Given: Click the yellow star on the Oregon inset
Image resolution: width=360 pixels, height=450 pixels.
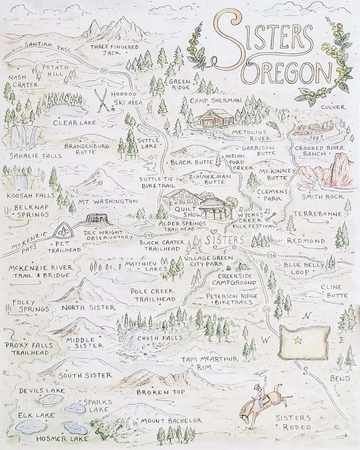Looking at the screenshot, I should [x=298, y=340].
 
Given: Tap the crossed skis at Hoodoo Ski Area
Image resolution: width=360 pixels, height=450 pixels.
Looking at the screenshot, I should [x=102, y=101].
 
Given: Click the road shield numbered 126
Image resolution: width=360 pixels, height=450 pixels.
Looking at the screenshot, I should [x=272, y=255].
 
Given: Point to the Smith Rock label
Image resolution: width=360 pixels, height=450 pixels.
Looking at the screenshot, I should [x=319, y=197].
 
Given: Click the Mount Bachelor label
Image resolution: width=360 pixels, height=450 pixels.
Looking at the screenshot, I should [x=171, y=420].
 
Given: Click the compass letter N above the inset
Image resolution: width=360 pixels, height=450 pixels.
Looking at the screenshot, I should [x=308, y=316].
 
